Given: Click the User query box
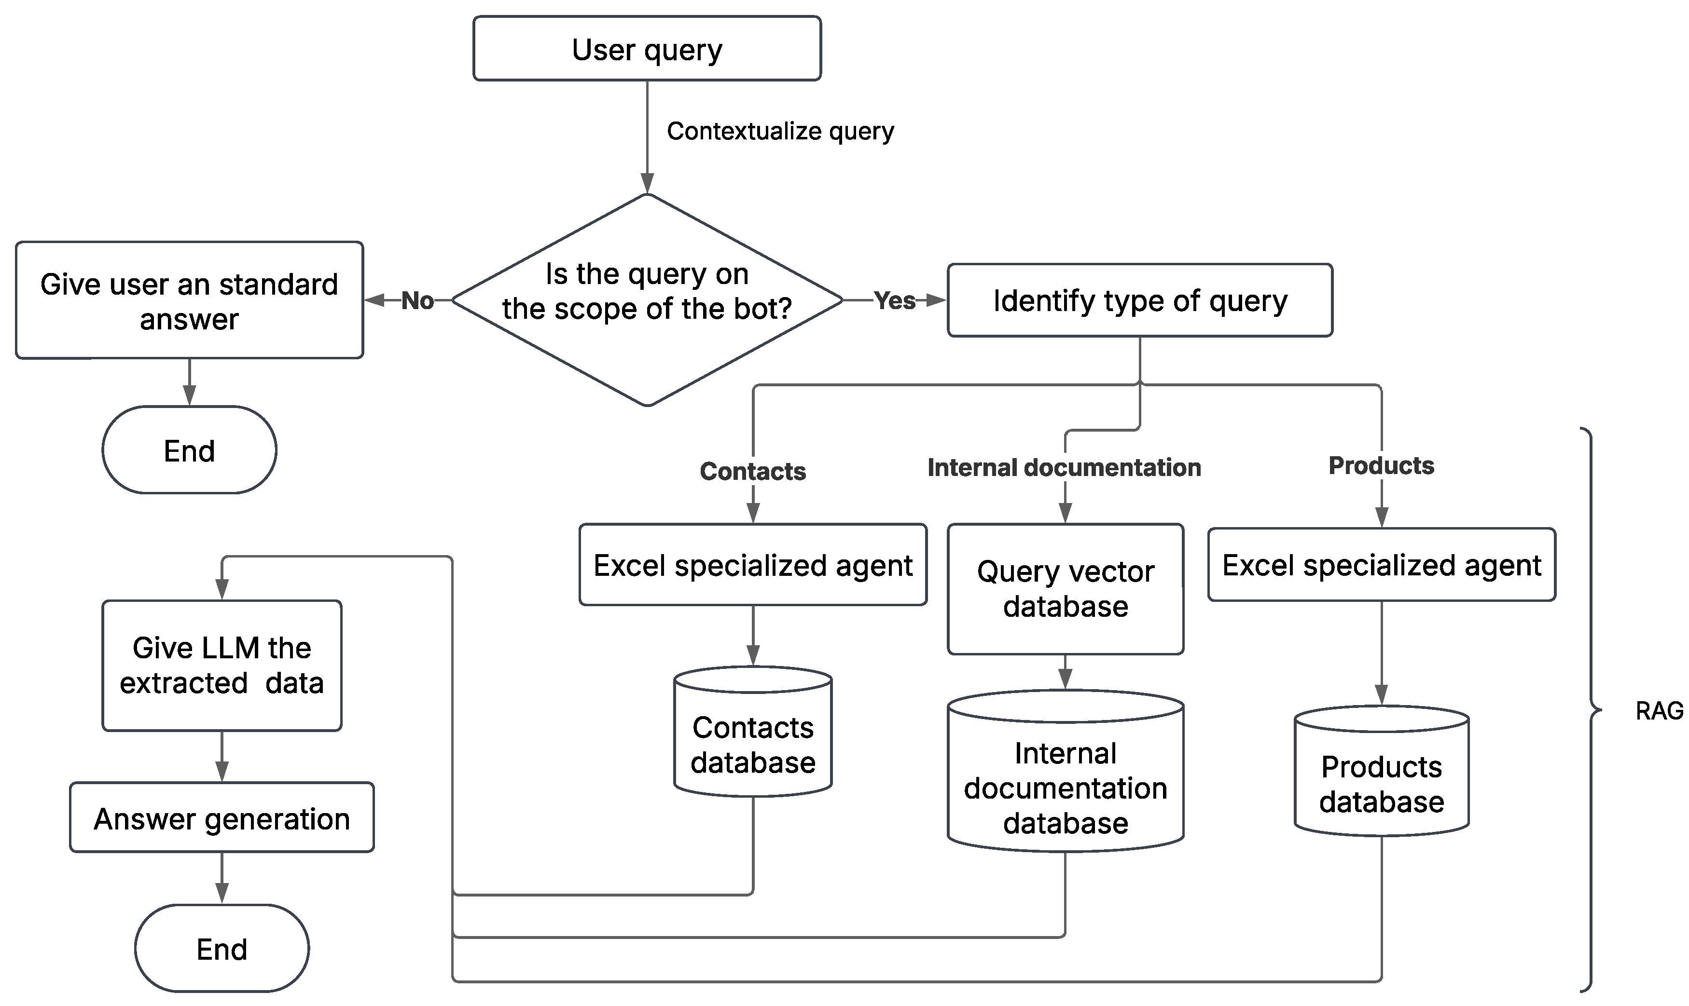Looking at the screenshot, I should pyautogui.click(x=647, y=49).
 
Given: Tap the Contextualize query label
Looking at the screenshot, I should pyautogui.click(x=780, y=131).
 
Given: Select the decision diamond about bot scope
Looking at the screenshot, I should pyautogui.click(x=647, y=299).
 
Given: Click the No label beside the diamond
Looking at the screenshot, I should pyautogui.click(x=417, y=300).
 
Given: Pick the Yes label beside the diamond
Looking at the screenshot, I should pyautogui.click(x=894, y=300).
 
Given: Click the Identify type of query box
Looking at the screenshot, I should pyautogui.click(x=1139, y=300).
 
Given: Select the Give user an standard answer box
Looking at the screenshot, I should pyautogui.click(x=189, y=300).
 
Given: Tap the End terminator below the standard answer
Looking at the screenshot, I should pyautogui.click(x=189, y=450).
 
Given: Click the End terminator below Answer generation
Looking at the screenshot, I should pyautogui.click(x=222, y=949).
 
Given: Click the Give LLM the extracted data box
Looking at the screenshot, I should pyautogui.click(x=222, y=665).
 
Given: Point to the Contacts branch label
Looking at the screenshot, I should pyautogui.click(x=752, y=471).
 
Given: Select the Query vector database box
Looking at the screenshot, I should pyautogui.click(x=1065, y=588).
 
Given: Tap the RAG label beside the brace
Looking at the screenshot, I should pyautogui.click(x=1659, y=710).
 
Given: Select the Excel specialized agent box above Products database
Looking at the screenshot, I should pyautogui.click(x=1381, y=565).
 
